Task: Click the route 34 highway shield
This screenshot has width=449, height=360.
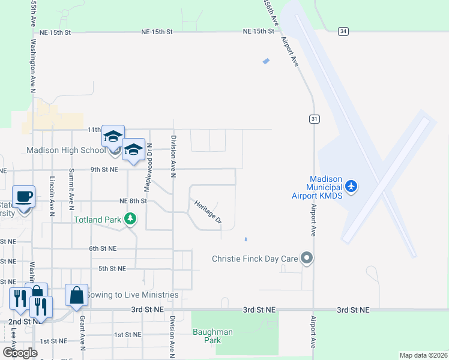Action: point(343,31)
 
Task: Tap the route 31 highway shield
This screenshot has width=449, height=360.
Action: point(314,119)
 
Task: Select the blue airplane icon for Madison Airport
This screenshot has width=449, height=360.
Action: point(351,187)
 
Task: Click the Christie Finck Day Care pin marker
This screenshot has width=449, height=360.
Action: point(307,259)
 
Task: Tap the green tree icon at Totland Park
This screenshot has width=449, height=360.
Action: point(130,220)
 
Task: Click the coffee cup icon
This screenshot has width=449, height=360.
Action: point(24,197)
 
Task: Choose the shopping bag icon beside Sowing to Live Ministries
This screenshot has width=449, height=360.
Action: point(76,296)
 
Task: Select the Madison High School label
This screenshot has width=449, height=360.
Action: point(65,150)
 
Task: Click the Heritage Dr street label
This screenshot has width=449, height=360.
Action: point(208,212)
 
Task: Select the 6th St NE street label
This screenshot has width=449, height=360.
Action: point(102,248)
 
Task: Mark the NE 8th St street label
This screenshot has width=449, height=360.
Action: point(133,201)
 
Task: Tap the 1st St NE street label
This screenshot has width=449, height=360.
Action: point(127,334)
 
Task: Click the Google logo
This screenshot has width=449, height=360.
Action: point(20,352)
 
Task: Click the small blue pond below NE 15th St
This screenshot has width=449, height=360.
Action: point(266,61)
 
